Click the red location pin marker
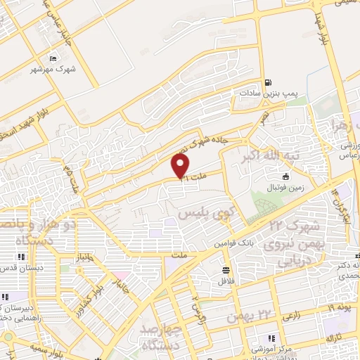pyautogui.click(x=181, y=166)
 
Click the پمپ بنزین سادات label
pyautogui.click(x=261, y=92)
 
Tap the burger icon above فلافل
pyautogui.click(x=226, y=269)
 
